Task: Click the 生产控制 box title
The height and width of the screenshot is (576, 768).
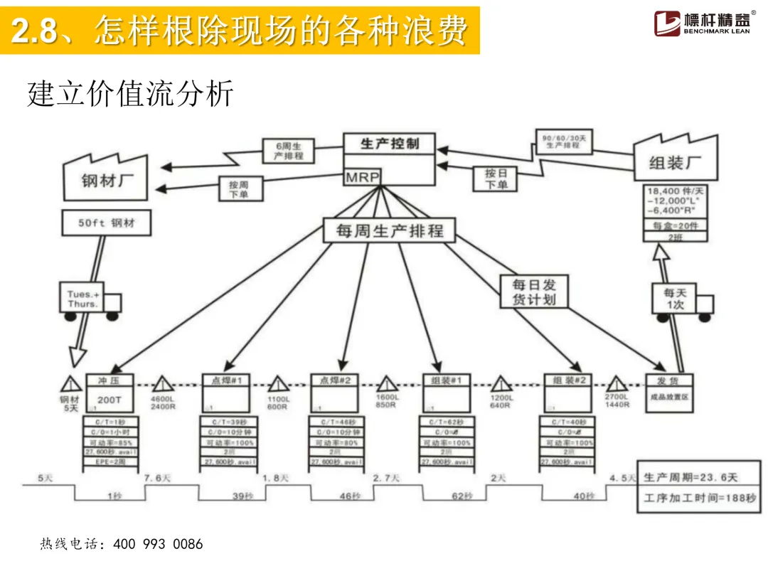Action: pyautogui.click(x=389, y=144)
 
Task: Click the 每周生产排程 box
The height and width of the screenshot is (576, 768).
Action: pyautogui.click(x=389, y=230)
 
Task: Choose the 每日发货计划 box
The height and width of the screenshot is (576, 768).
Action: pyautogui.click(x=534, y=292)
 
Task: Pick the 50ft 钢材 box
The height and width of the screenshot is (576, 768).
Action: pyautogui.click(x=106, y=223)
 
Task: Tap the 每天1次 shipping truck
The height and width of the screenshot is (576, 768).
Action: pyautogui.click(x=678, y=299)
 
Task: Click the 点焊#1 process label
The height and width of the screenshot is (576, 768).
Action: pyautogui.click(x=227, y=380)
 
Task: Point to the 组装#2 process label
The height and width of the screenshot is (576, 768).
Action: pyautogui.click(x=568, y=380)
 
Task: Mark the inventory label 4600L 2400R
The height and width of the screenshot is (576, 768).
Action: pyautogui.click(x=163, y=403)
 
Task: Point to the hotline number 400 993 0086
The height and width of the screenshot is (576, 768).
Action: pyautogui.click(x=168, y=544)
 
